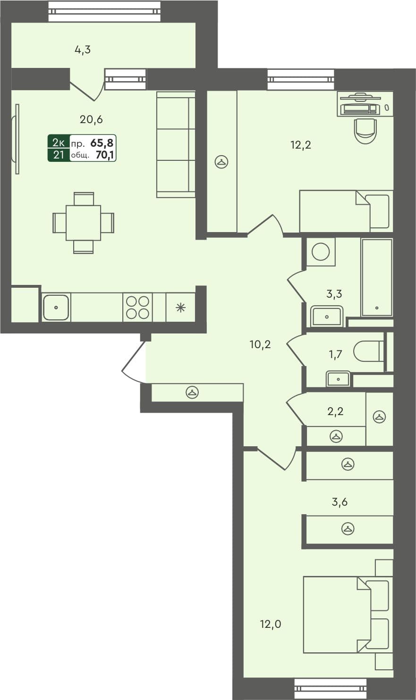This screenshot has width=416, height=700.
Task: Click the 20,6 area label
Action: tap(91, 120)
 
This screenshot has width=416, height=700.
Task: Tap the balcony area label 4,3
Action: tap(83, 50)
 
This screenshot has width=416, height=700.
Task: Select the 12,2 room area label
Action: tap(300, 145)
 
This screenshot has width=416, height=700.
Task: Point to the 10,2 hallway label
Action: tap(260, 344)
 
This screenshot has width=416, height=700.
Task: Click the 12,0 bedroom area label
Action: tap(271, 625)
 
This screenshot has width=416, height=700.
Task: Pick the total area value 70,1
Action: tap(105, 155)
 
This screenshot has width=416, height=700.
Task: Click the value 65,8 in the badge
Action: tap(105, 142)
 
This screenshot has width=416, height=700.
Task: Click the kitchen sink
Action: tap(56, 308)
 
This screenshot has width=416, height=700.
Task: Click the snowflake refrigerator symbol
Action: tap(180, 308)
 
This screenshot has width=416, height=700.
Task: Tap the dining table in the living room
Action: tap(83, 223)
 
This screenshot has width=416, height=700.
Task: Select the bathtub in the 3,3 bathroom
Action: tap(377, 277)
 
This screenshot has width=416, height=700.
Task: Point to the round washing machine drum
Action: tap(321, 252)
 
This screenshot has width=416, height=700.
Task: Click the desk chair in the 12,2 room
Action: tap(365, 130)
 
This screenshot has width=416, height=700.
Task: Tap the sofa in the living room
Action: tap(176, 144)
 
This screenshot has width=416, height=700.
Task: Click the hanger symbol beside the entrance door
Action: tap(192, 392)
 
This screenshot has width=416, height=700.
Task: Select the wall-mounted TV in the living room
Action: tap(17, 139)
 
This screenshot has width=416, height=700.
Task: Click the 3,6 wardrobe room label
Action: tap(340, 502)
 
